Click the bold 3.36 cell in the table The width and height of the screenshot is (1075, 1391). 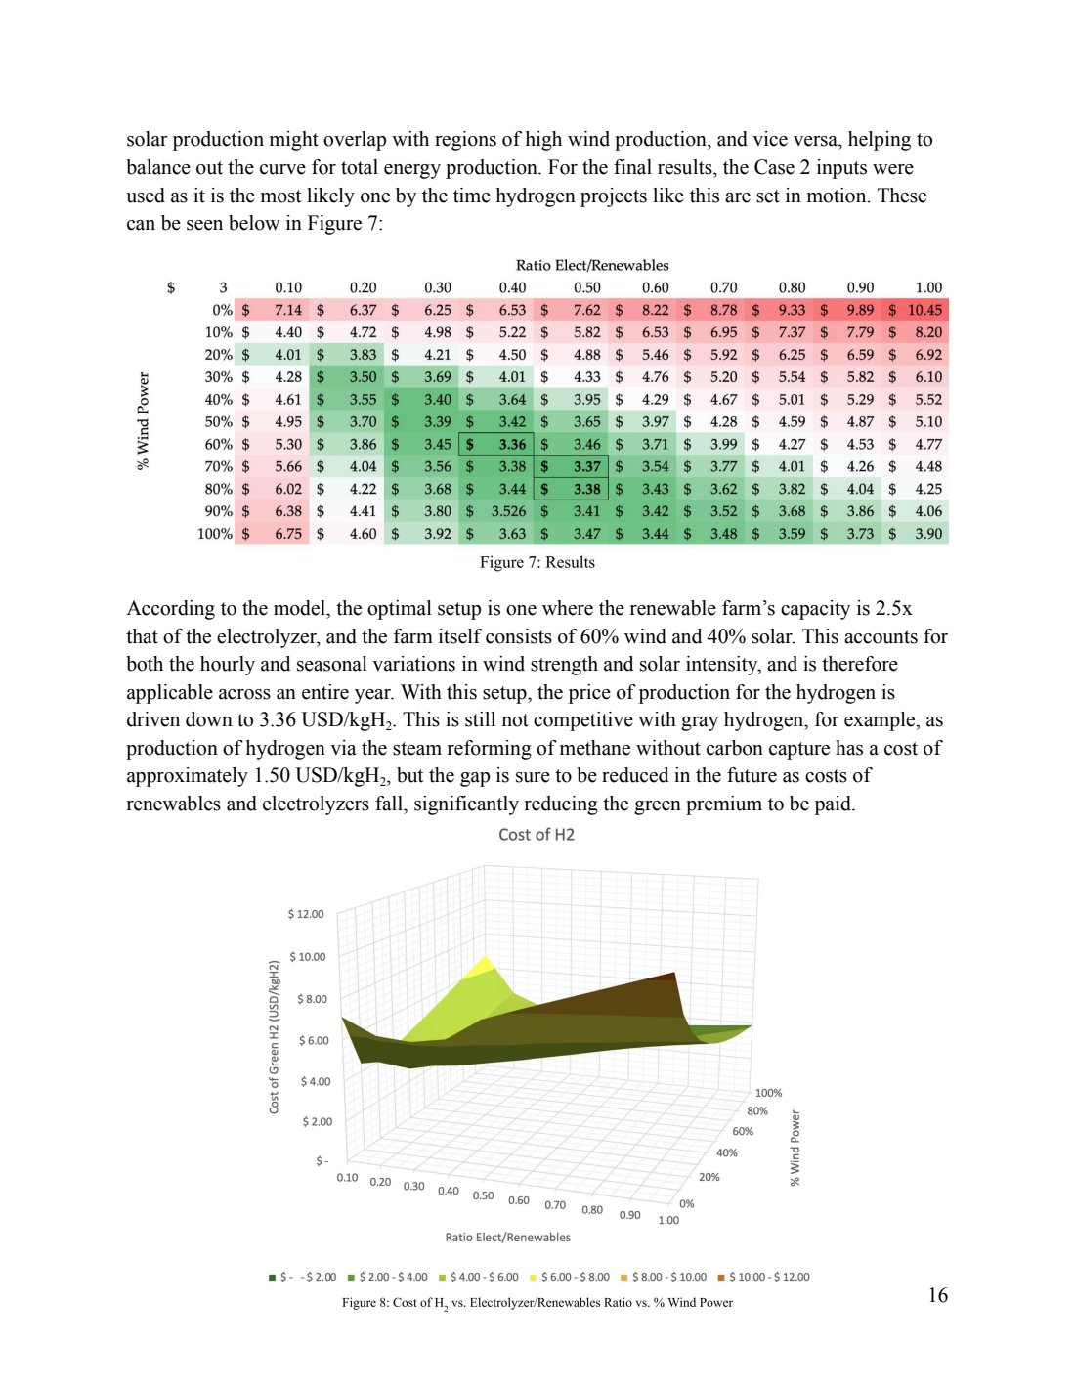point(512,445)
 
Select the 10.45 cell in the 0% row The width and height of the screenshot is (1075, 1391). point(924,310)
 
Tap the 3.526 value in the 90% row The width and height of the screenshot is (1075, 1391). point(508,511)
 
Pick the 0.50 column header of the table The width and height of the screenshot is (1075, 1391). point(586,287)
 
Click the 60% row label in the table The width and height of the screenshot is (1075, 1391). point(218,445)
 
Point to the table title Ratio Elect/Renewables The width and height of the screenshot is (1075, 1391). point(592,265)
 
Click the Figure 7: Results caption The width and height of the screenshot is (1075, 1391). point(537,562)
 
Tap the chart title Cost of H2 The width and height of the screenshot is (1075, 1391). point(537,834)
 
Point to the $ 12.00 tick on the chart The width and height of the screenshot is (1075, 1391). point(306,914)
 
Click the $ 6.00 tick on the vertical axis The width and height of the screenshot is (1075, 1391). point(314,1040)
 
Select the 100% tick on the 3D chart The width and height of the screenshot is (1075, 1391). point(768,1093)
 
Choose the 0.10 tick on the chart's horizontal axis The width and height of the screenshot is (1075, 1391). point(347,1177)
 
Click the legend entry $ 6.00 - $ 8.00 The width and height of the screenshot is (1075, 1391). point(575,1277)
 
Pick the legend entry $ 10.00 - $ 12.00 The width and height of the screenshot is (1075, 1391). point(768,1277)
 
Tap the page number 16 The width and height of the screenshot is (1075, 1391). point(937,1295)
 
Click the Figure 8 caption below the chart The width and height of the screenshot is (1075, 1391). point(537,1302)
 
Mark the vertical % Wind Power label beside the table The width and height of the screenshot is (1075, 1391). point(144,421)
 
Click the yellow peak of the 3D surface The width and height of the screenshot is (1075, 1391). point(484,966)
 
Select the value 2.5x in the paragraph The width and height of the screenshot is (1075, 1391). point(892,608)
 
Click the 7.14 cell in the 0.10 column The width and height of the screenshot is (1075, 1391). point(287,310)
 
